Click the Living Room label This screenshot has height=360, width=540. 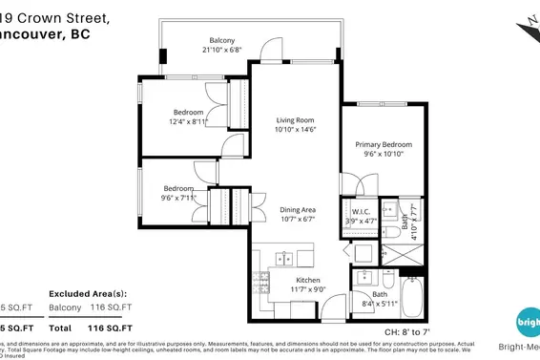[x=296, y=119]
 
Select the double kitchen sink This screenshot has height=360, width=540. [x=283, y=258]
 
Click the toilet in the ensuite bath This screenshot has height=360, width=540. [x=391, y=232]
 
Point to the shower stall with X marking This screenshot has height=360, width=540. [x=392, y=254]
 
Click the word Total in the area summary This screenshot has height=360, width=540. [x=60, y=327]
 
